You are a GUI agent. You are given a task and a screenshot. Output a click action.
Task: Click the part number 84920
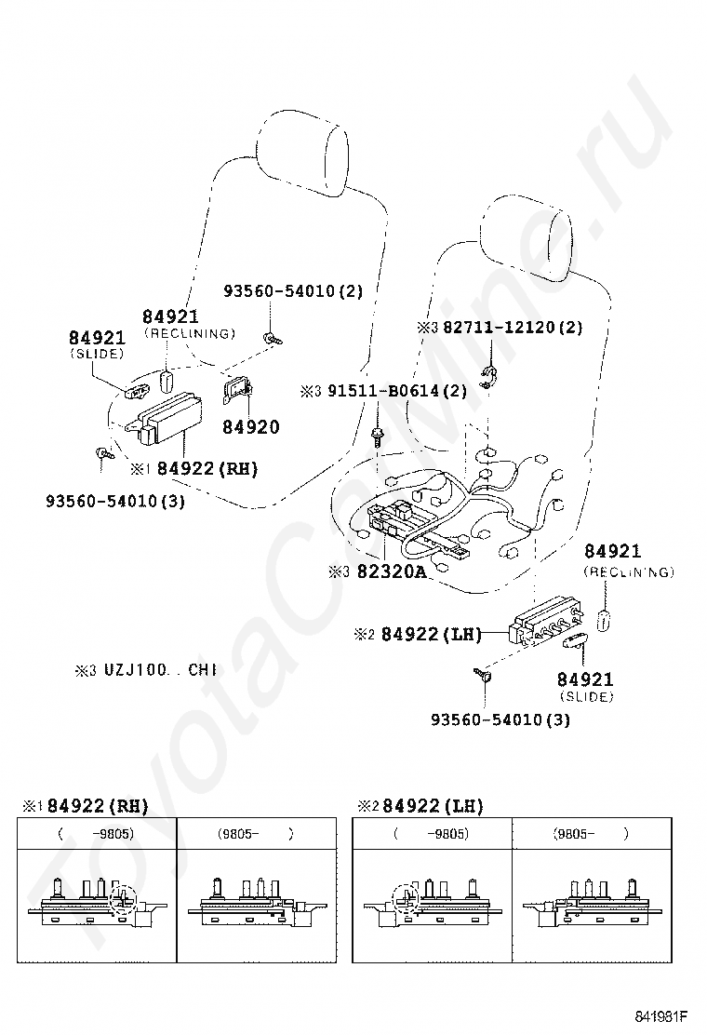pos(250,427)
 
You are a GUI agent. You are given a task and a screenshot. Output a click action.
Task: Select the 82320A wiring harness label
pos(392,571)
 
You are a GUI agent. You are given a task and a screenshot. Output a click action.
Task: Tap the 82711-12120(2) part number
pos(513,327)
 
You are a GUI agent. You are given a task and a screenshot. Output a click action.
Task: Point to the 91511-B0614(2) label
pos(397,391)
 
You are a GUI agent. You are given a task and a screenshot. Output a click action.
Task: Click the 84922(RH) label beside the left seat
pos(207,469)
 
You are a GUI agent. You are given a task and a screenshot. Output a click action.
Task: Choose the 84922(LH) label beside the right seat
pos(431,634)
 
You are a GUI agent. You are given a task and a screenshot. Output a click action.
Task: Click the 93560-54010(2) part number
pos(293,290)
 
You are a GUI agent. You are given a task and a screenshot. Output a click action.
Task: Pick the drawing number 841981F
pos(661,1015)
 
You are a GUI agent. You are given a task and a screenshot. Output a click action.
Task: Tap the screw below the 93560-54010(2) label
pos(272,338)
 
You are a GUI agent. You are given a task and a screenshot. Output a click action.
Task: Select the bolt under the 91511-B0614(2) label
pos(378,436)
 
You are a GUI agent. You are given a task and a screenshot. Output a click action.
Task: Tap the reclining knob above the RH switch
pos(167,380)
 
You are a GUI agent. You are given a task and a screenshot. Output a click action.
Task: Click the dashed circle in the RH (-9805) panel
pos(123,898)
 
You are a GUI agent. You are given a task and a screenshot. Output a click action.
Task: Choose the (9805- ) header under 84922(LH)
pos(591,834)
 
